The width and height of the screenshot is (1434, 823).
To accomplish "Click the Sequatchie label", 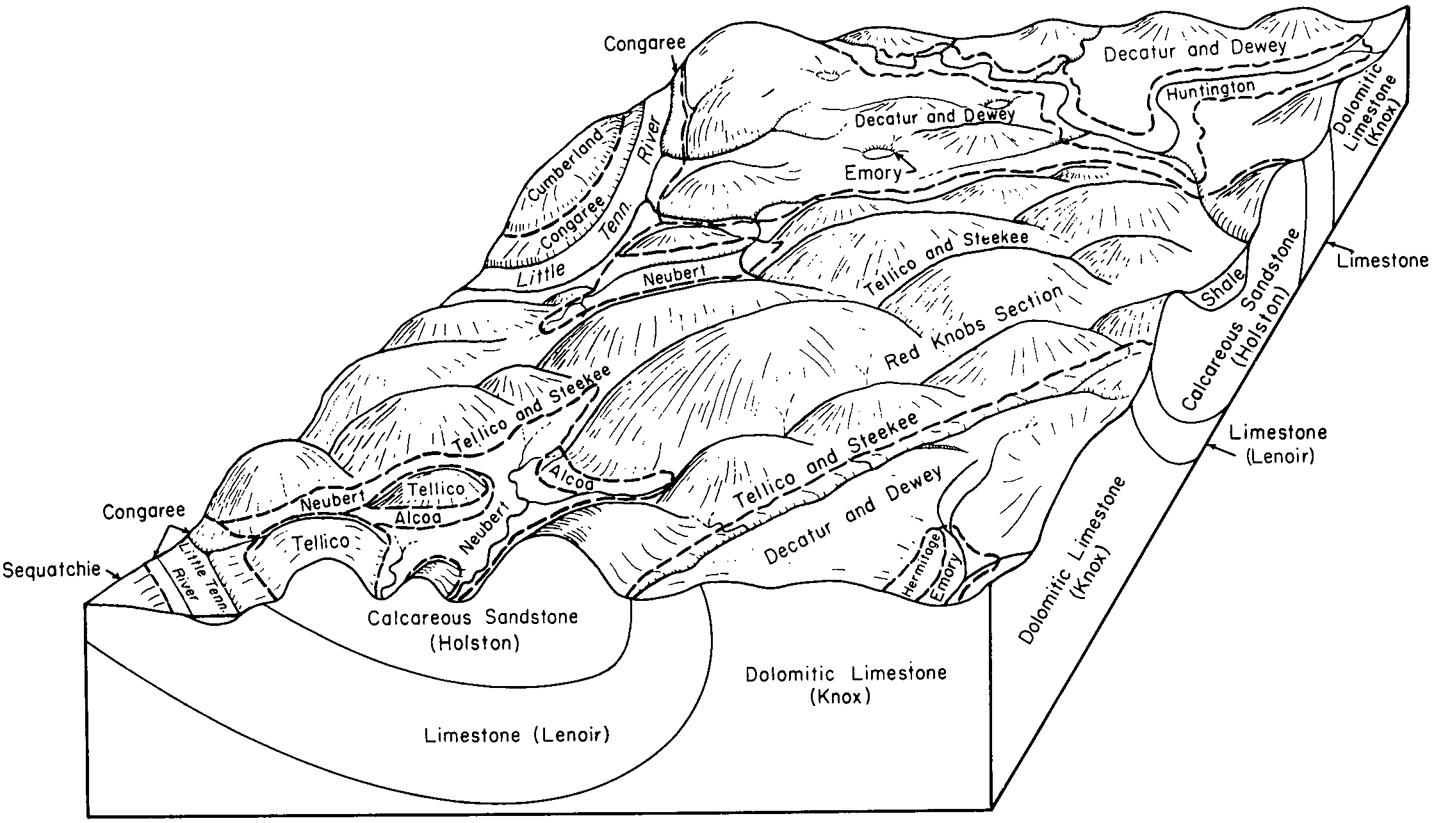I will pos(52,569).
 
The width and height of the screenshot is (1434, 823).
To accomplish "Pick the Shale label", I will pos(1224,289).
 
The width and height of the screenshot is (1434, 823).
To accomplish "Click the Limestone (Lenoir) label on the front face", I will pos(517,735).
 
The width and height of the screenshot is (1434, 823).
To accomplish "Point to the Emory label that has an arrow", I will pos(872,173).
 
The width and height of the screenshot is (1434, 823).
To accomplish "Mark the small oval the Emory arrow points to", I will pos(877,152).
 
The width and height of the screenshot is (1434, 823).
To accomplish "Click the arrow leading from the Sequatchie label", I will pos(113,575).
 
